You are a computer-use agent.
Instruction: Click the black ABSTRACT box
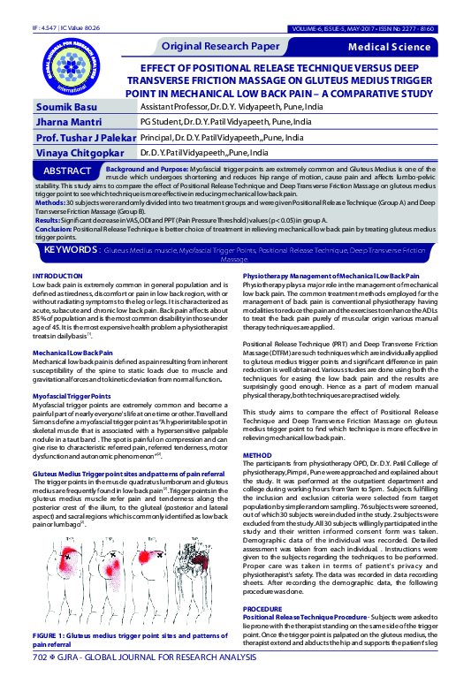tap(67, 170)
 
